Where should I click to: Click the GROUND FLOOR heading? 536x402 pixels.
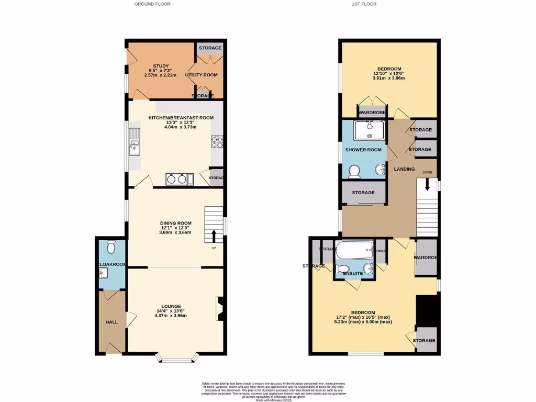pos(152,4)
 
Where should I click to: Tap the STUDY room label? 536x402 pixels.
pos(160,66)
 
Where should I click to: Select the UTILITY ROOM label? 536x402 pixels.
pos(201,75)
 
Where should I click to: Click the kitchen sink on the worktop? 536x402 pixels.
pos(135,142)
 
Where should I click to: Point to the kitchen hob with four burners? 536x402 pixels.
pos(217,141)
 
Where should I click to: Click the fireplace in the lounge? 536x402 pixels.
pos(220,308)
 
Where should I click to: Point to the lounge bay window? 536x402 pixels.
pos(178,360)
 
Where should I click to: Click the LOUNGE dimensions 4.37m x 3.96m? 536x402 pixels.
pos(171,316)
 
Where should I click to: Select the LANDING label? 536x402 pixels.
pos(404,169)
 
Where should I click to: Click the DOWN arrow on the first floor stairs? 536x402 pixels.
pos(428,185)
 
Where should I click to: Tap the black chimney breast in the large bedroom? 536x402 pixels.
pos(426,310)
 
